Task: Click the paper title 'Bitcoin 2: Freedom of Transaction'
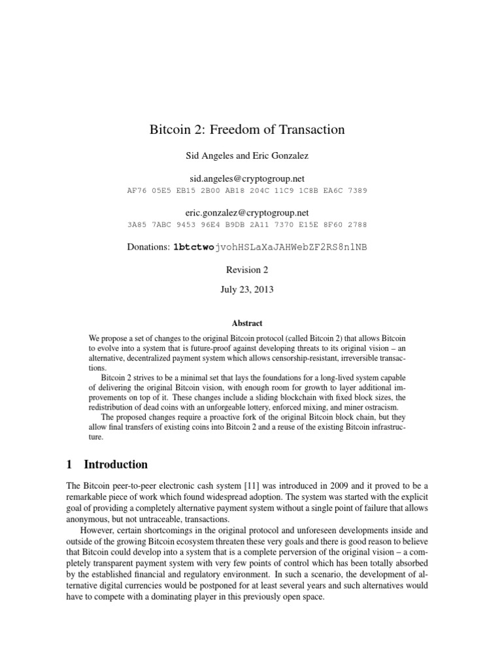pos(247,130)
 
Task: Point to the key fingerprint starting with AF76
pos(247,191)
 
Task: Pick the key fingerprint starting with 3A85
pos(247,225)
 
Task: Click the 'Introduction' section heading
pos(116,465)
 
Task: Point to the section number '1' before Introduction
pos(69,465)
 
